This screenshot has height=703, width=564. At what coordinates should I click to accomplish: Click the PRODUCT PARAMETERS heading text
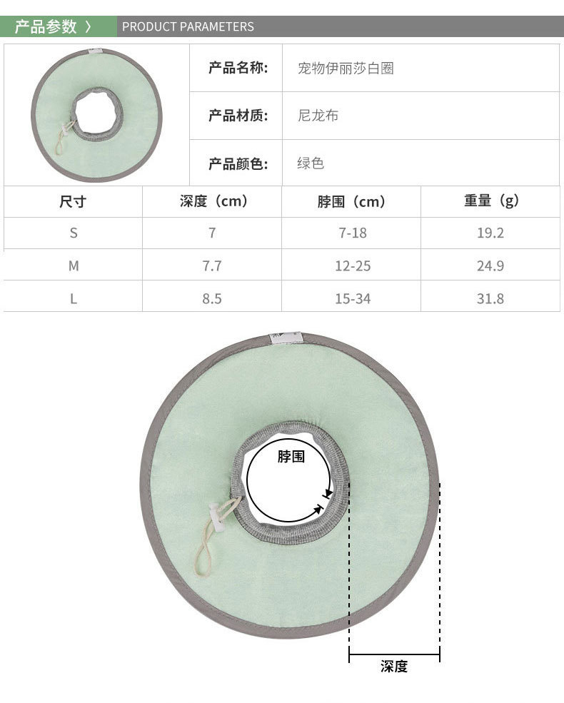pos(188,26)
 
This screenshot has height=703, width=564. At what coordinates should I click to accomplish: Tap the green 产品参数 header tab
pos(59,26)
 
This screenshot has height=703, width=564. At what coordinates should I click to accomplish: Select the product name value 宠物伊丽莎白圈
pos(346,68)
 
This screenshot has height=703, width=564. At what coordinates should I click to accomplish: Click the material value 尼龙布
pos(318,116)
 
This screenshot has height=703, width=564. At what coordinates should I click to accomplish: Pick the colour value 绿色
pos(311,163)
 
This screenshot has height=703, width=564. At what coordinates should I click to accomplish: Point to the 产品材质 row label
pos(238,116)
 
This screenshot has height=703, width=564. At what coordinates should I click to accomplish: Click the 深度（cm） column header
pos(213,201)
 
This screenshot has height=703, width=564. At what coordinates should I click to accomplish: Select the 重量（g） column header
pos(491,201)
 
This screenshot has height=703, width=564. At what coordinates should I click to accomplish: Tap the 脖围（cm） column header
pos(351,202)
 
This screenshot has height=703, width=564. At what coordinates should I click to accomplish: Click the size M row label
pos(74,266)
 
